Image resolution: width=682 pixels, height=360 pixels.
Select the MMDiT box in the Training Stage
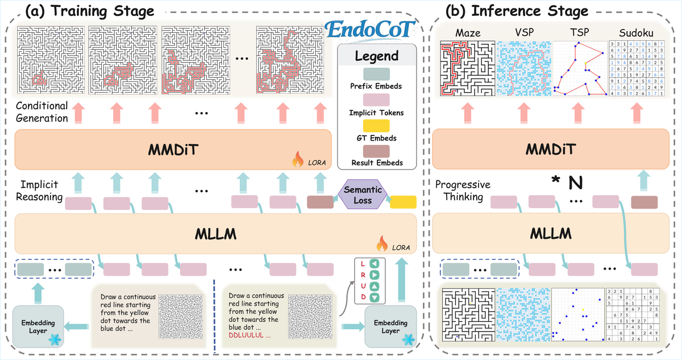173,148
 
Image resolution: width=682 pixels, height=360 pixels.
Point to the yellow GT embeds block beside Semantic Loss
403,201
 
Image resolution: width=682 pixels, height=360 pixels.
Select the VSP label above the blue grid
524,34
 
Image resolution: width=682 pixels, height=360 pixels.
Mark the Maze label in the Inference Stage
468,34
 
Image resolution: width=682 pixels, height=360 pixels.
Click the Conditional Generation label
42,112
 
